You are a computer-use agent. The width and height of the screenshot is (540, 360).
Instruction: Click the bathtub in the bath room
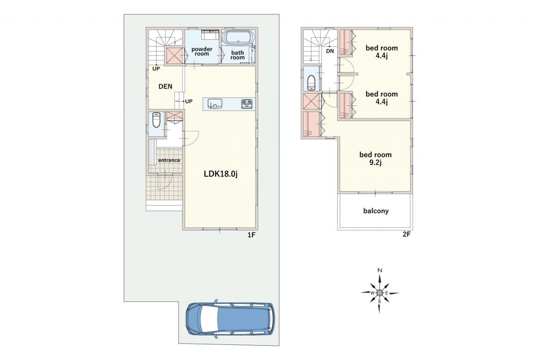(238, 38)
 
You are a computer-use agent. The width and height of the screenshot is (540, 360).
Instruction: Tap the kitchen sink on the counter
(215, 103)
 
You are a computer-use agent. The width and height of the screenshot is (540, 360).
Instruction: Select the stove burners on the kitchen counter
(247, 104)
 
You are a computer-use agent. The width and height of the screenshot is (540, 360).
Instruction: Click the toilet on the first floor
(157, 120)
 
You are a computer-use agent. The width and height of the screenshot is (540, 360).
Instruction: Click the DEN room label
(165, 87)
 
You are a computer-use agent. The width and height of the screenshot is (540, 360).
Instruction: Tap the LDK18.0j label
(221, 173)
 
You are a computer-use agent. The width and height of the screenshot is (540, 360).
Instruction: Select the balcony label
(376, 211)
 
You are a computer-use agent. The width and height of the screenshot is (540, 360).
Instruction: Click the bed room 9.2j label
(375, 158)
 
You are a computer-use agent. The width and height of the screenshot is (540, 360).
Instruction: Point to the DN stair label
(330, 51)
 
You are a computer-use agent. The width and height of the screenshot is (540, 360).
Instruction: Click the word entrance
(169, 160)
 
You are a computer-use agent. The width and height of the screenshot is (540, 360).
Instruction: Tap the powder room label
(202, 51)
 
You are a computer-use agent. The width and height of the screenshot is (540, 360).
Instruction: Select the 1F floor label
(251, 235)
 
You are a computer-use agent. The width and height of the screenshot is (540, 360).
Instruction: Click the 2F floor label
(406, 234)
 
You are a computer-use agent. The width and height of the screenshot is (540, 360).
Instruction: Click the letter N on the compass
(380, 270)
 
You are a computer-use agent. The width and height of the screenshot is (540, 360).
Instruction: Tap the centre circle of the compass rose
(379, 293)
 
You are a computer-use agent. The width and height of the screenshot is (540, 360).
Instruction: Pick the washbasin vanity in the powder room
(210, 35)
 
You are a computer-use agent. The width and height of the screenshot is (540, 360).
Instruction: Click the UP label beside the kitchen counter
(189, 102)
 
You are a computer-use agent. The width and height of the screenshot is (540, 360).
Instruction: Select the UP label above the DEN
(156, 69)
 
